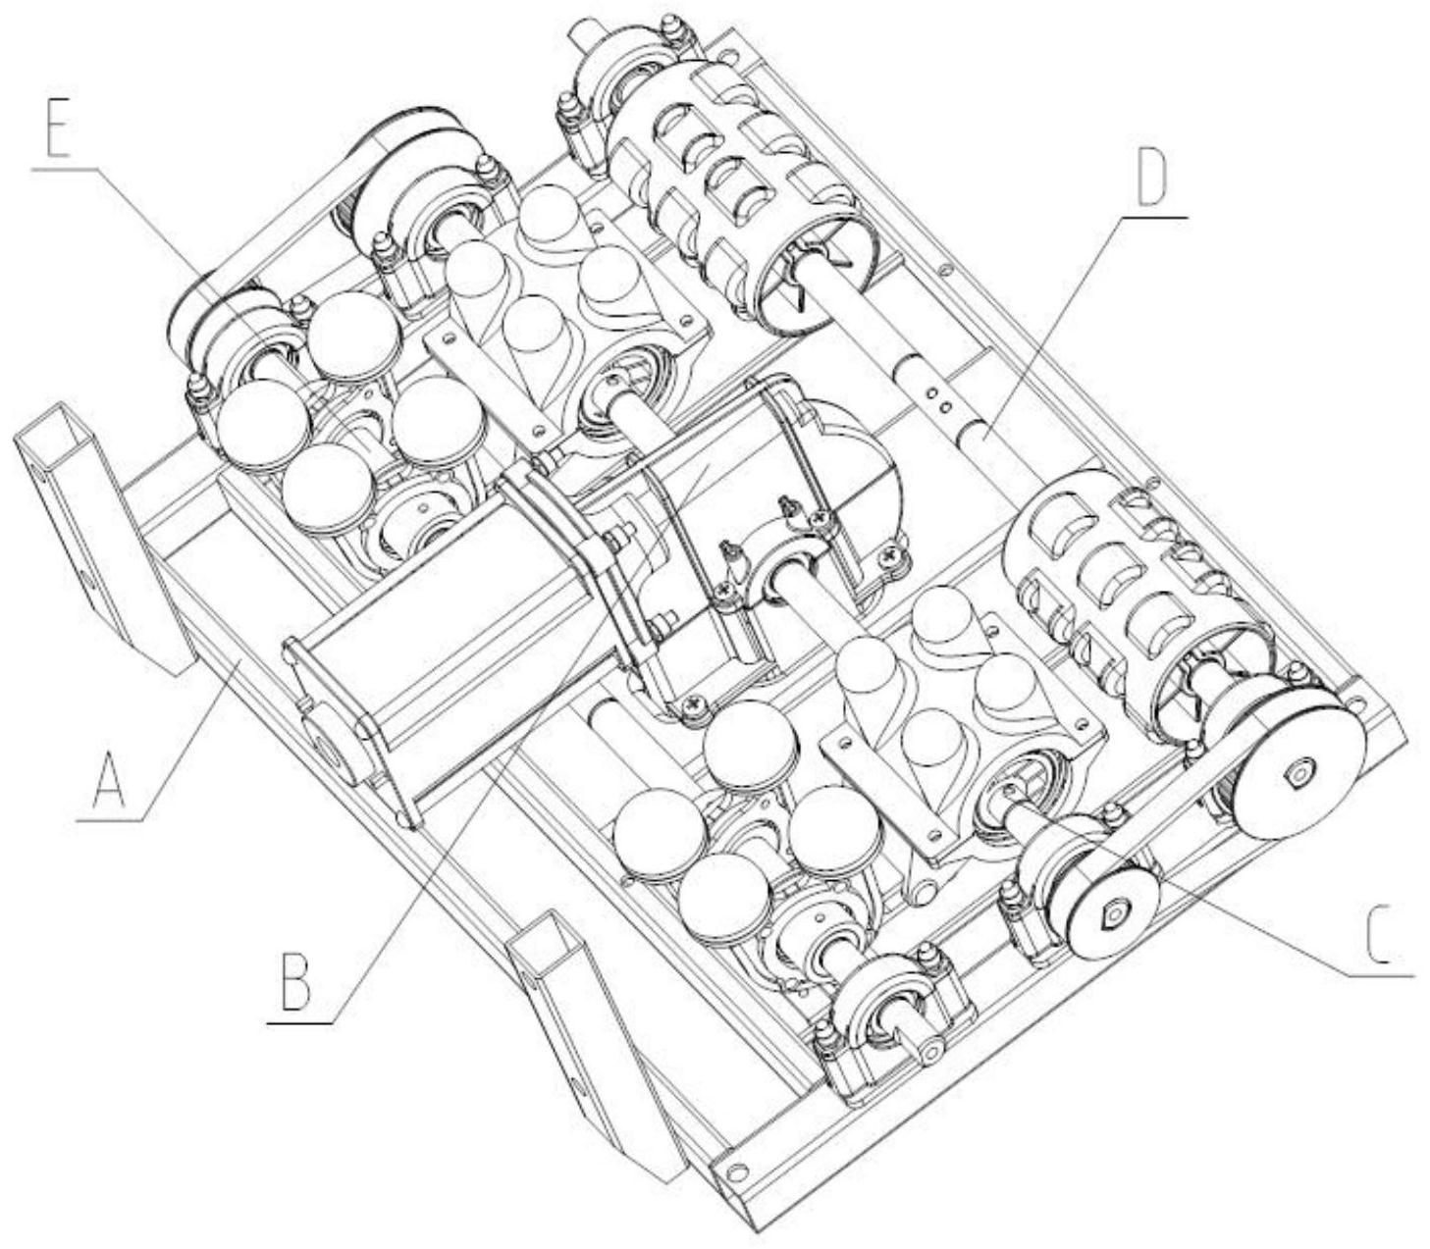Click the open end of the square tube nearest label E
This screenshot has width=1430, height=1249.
click(x=57, y=426)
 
